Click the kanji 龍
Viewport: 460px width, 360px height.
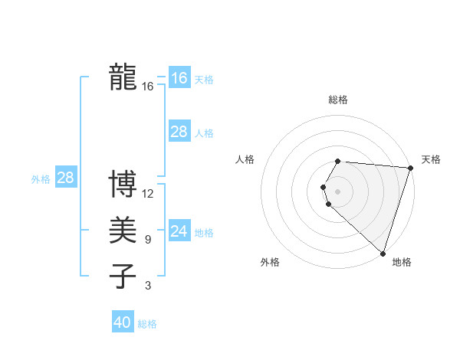click(x=123, y=77)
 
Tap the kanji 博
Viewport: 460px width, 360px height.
click(x=123, y=185)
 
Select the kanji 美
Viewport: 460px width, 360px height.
click(x=123, y=231)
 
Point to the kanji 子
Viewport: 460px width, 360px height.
click(x=123, y=277)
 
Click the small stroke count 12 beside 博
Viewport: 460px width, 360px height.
click(x=148, y=194)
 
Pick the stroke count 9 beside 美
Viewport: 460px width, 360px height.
click(x=147, y=240)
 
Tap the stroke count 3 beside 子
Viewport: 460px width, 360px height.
click(x=147, y=286)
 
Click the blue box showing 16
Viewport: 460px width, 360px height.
click(x=179, y=78)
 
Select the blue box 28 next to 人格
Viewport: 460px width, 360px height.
click(x=179, y=132)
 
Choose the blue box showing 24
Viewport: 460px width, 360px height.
click(x=179, y=231)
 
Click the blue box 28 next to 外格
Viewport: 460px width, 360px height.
click(x=65, y=178)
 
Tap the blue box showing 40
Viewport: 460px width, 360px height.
click(x=122, y=322)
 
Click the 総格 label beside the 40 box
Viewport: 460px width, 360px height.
click(x=147, y=324)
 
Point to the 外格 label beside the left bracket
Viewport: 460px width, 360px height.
click(x=41, y=179)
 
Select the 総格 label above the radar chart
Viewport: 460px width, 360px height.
click(x=337, y=100)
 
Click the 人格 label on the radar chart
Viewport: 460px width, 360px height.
click(x=245, y=159)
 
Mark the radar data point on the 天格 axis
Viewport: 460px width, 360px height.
click(x=410, y=168)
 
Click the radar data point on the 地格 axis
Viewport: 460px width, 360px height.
click(x=383, y=253)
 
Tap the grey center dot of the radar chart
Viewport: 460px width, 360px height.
click(x=337, y=191)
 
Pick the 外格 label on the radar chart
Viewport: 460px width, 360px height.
click(x=270, y=263)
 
